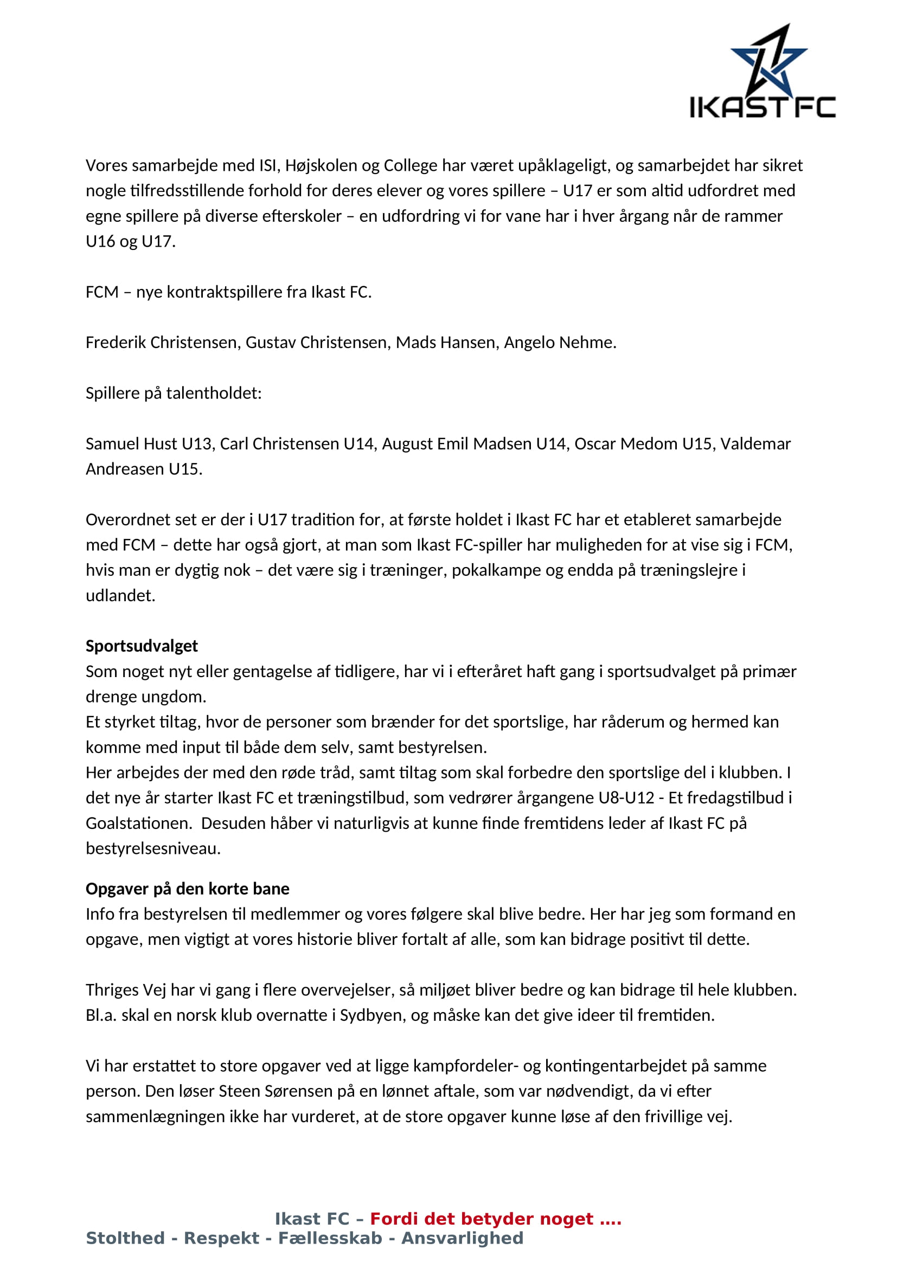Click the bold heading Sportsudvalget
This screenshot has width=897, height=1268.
pos(142,646)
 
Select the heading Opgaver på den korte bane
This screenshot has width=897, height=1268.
pos(187,889)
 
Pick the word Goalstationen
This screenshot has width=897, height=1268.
pos(139,823)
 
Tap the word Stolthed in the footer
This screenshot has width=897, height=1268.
pos(125,1238)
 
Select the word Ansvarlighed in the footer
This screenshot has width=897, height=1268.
pos(462,1238)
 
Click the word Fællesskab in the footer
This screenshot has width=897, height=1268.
pos(330,1238)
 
